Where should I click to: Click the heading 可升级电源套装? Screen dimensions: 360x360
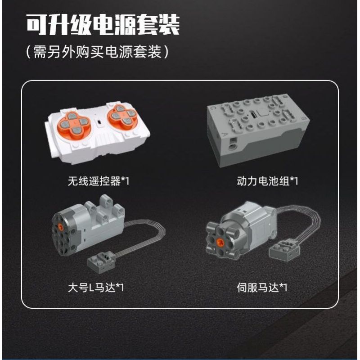coord(103,25)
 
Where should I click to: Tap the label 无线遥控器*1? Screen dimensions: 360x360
coord(98,181)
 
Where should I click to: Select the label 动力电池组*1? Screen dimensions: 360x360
coord(268,181)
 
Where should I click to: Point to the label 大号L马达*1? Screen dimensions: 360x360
coord(94,287)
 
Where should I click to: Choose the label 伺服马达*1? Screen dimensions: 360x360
coord(262,287)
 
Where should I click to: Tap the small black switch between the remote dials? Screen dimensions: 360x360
coord(96,122)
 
